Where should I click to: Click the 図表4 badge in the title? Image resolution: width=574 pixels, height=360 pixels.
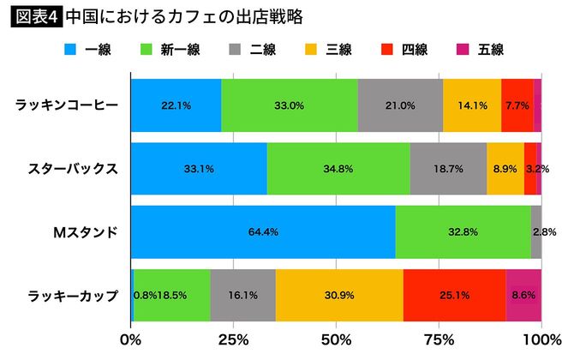[34, 16]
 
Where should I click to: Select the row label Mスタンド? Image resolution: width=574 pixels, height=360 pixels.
[86, 231]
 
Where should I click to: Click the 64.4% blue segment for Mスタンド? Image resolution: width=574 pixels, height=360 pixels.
[263, 231]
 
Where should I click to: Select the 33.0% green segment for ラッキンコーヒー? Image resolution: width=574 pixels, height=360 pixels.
[290, 105]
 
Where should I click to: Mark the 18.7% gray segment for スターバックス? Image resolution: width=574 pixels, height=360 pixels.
[448, 169]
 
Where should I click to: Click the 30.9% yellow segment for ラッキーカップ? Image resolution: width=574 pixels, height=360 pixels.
[339, 295]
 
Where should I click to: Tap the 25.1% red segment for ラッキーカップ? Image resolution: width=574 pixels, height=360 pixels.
[454, 295]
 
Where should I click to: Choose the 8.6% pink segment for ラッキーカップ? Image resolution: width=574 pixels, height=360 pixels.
[523, 295]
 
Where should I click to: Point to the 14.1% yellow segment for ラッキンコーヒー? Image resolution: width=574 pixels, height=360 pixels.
[472, 105]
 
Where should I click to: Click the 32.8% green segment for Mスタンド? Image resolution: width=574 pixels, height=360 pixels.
[463, 231]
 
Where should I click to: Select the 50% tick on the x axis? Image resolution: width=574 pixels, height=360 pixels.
[336, 339]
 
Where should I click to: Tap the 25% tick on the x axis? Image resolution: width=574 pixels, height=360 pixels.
[233, 339]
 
